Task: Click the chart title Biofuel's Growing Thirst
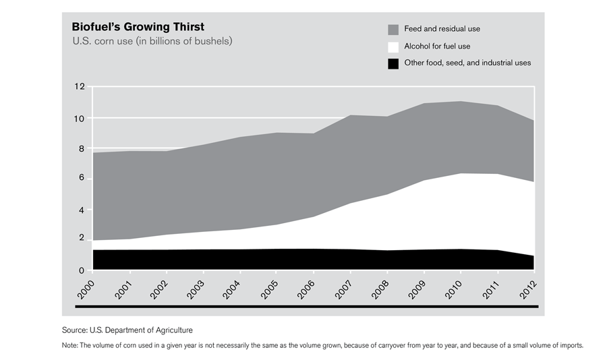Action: (x=138, y=28)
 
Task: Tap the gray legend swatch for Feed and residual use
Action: (x=393, y=30)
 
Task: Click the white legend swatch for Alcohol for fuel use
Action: (x=393, y=47)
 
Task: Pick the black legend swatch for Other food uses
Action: (x=393, y=64)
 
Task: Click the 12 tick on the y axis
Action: (x=80, y=87)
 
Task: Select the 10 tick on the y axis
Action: (x=80, y=119)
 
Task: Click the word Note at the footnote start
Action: (x=68, y=346)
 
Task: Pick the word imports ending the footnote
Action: (x=570, y=346)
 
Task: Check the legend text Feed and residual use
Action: (x=442, y=29)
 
